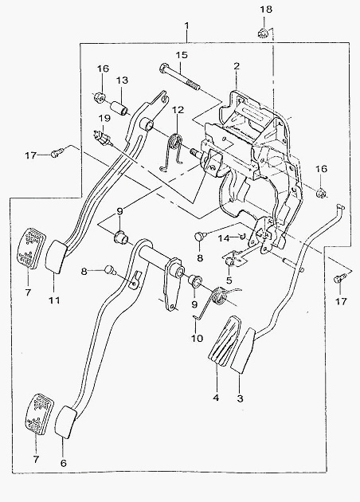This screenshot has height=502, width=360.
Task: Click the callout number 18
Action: click(266, 10)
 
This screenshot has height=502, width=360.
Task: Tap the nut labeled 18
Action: click(263, 33)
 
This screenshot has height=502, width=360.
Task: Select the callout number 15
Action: click(182, 55)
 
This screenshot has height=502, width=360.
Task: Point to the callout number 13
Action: click(122, 80)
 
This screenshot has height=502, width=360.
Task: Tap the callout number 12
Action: click(178, 110)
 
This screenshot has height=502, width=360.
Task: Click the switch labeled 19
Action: click(103, 139)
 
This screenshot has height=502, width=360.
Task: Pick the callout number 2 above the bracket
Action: click(237, 66)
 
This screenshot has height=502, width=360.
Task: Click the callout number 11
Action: click(54, 300)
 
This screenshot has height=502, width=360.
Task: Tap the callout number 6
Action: click(64, 463)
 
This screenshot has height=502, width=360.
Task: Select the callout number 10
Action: click(197, 338)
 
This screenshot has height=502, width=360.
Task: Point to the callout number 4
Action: click(216, 398)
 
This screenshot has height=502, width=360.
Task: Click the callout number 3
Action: click(240, 398)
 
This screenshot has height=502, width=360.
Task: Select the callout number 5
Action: click(229, 280)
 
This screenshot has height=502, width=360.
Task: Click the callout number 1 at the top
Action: click(187, 25)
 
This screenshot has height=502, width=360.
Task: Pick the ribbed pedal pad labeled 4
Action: click(224, 341)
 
